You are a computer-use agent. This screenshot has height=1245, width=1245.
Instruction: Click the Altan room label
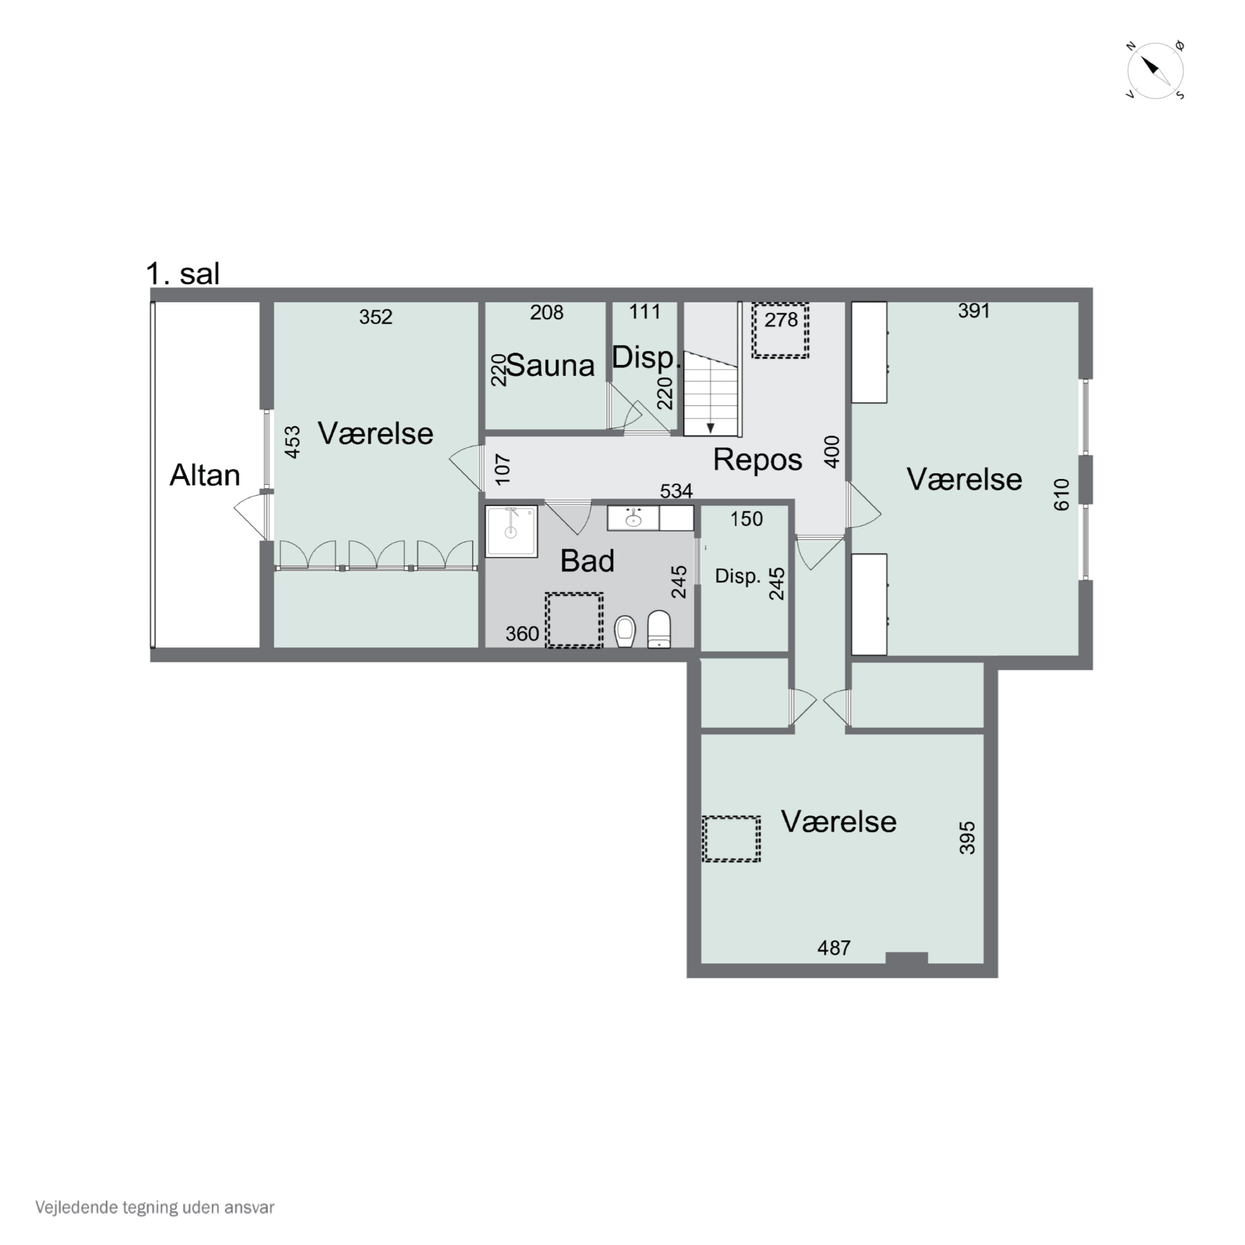click(x=205, y=476)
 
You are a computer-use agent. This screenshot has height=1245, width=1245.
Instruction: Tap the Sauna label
click(x=551, y=365)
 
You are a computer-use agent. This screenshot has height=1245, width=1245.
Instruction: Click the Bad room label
click(x=587, y=561)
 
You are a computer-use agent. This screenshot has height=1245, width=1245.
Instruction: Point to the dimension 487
click(x=834, y=947)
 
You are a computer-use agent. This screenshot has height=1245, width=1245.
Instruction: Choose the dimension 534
click(x=676, y=491)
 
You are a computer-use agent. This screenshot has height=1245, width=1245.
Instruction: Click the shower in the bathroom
click(x=511, y=532)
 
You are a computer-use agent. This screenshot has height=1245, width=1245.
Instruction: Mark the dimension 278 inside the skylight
click(x=781, y=320)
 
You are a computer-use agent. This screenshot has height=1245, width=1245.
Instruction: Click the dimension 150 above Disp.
click(x=746, y=519)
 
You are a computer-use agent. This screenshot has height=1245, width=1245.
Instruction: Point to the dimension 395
click(x=967, y=838)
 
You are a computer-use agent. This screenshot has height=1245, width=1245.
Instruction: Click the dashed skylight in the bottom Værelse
click(x=731, y=838)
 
